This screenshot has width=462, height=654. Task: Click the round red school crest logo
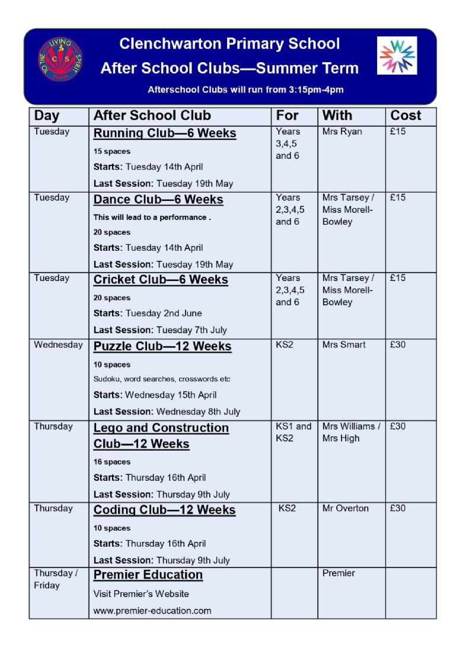[x=60, y=59]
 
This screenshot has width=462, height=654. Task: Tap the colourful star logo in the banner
[x=397, y=56]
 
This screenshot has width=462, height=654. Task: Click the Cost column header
[x=406, y=116]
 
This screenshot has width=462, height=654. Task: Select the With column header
[x=337, y=116]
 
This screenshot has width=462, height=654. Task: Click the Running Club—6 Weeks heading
[x=164, y=133]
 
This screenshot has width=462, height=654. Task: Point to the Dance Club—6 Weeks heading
[x=158, y=200]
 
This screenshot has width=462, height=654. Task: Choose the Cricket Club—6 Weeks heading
[x=160, y=280]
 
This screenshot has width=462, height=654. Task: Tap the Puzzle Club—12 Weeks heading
[x=162, y=346]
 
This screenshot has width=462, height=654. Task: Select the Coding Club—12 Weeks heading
[x=164, y=510]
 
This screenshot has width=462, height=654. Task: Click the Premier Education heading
[x=148, y=575]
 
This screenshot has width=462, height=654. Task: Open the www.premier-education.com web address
[x=152, y=611]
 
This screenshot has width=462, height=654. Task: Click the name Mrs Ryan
[x=342, y=132]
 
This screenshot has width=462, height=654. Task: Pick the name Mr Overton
[x=345, y=508]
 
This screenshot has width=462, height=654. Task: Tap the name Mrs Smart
[x=343, y=344]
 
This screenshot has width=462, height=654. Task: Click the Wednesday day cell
[x=58, y=344]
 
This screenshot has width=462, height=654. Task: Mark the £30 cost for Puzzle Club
[x=397, y=344]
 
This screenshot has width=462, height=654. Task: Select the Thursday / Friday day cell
[x=55, y=579]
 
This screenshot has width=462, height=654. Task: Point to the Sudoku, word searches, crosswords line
[x=161, y=379]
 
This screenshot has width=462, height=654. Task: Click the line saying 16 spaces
[x=111, y=462]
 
